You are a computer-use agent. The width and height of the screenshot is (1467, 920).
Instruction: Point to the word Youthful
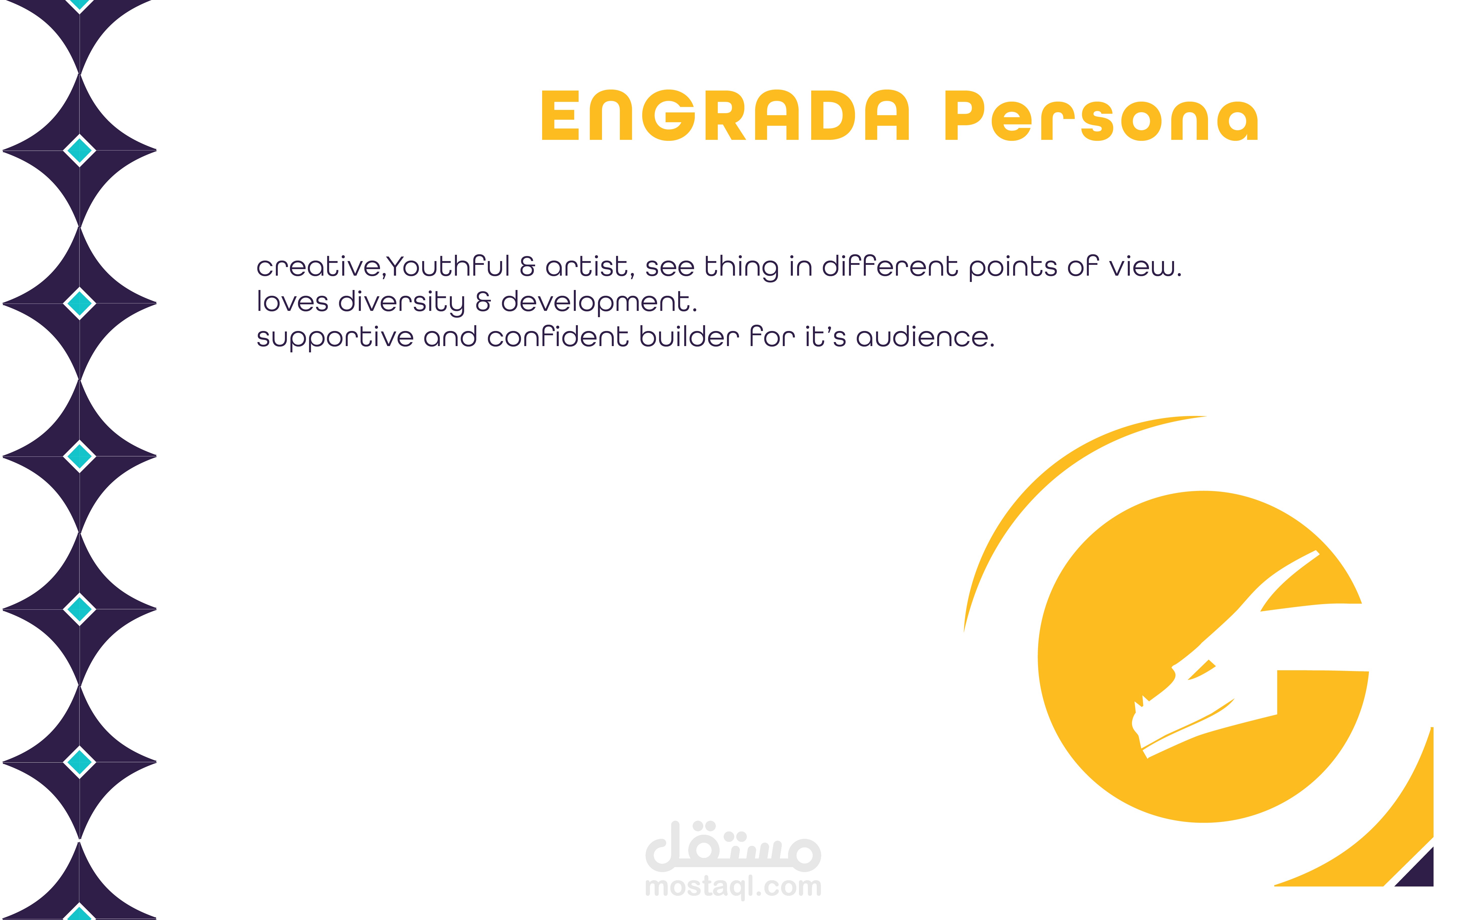pyautogui.click(x=448, y=267)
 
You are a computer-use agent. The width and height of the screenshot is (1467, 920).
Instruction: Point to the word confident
pyautogui.click(x=557, y=337)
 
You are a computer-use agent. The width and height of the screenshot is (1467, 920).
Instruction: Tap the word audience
pyautogui.click(x=924, y=337)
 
